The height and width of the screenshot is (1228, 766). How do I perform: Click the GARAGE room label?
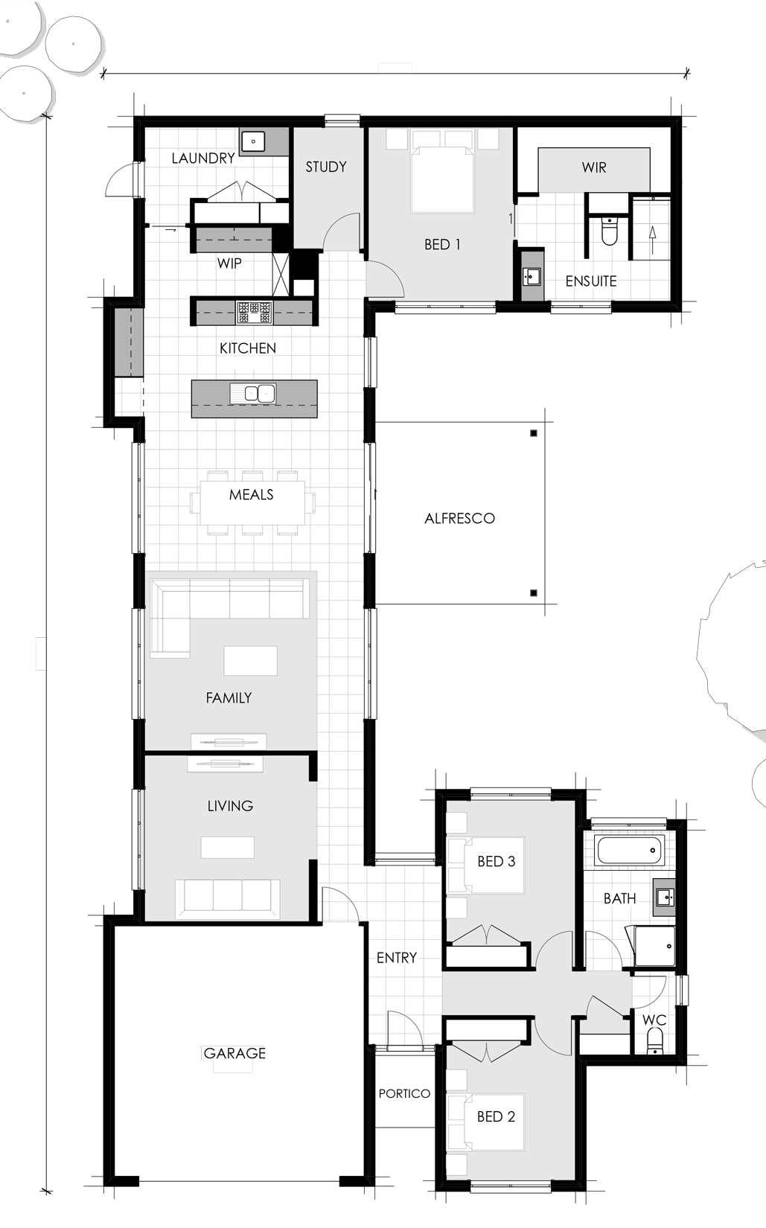234,1052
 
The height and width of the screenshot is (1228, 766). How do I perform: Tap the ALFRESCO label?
459,518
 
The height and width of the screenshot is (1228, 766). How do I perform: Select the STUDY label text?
326,167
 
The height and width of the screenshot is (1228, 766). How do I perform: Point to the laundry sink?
253,141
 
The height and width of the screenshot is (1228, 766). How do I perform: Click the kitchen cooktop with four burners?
254,313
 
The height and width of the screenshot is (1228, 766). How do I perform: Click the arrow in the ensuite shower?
652,240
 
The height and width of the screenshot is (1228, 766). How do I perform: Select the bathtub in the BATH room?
630,850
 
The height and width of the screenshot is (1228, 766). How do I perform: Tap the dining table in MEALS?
252,502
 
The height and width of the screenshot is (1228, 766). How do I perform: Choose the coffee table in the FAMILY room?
251,661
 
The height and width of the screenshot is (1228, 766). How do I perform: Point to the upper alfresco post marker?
534,434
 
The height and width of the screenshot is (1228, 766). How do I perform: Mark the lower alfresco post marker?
533,592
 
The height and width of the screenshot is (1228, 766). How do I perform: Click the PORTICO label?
404,1094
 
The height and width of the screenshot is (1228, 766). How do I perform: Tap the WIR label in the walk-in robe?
594,167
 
